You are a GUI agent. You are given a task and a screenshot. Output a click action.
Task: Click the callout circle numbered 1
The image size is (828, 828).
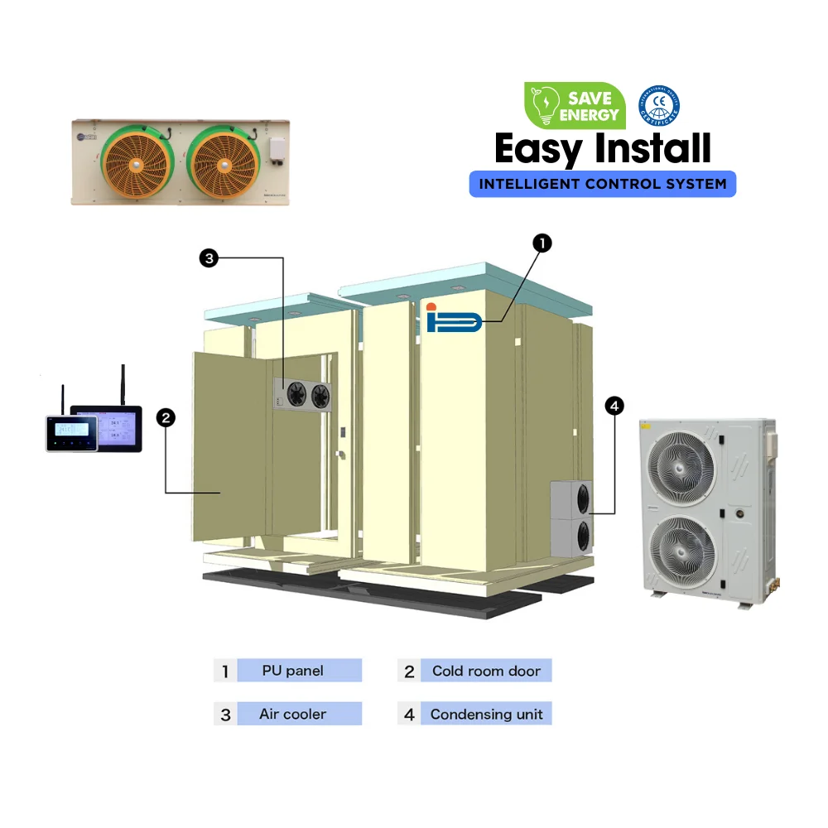(542, 243)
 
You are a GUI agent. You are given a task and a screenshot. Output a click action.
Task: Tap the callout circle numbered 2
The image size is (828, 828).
(166, 418)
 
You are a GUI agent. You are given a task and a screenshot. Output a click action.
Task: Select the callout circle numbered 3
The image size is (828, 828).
(209, 258)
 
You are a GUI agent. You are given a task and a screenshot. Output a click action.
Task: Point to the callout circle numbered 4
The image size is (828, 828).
(614, 406)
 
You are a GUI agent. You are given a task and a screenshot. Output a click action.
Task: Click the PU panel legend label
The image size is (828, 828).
(292, 671)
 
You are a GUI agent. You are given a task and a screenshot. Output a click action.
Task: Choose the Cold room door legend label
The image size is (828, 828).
(486, 671)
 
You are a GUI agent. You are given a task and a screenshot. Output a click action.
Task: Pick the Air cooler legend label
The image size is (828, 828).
(292, 714)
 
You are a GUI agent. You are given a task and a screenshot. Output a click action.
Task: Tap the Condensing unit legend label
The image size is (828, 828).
(486, 714)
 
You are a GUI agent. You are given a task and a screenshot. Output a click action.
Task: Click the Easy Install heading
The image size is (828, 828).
(602, 149)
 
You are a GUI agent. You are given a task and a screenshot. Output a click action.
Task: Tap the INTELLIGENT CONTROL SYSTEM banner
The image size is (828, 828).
(602, 183)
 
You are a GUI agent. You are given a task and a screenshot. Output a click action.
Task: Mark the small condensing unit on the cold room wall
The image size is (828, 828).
(571, 519)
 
